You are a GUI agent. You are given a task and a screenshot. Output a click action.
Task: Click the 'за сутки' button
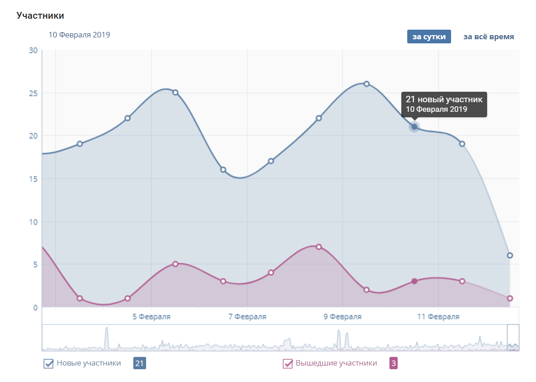(429, 37)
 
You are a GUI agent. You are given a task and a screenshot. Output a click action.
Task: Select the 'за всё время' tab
(489, 37)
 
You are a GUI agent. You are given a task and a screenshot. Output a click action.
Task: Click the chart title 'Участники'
(40, 16)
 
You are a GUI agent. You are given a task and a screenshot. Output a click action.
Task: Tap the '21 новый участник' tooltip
(444, 104)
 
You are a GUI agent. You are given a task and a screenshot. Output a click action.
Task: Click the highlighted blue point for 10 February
(414, 127)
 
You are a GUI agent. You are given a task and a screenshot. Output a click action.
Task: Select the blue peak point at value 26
(366, 84)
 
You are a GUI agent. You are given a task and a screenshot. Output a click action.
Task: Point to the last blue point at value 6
(510, 256)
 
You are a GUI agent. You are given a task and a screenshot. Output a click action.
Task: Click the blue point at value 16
(223, 169)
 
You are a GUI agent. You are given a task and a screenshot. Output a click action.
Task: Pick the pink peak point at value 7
(319, 247)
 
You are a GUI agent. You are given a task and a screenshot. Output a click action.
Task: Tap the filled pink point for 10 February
(414, 281)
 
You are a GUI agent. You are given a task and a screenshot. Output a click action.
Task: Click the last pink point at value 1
(510, 298)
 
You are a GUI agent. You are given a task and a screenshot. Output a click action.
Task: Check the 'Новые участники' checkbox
(48, 364)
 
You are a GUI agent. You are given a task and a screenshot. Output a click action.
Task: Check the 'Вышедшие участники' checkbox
(288, 364)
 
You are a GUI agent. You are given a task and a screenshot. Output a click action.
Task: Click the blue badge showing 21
(139, 364)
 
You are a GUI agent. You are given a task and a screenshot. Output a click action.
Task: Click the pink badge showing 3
(393, 364)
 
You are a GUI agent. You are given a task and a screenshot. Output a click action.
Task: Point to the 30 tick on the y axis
(33, 50)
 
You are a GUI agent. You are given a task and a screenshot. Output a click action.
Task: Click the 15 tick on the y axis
(33, 178)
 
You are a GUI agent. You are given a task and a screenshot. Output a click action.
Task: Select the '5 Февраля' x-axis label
(152, 317)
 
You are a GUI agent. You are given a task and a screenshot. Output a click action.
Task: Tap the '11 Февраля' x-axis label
(438, 317)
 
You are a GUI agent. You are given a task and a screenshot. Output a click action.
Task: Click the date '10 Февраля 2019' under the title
(79, 35)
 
